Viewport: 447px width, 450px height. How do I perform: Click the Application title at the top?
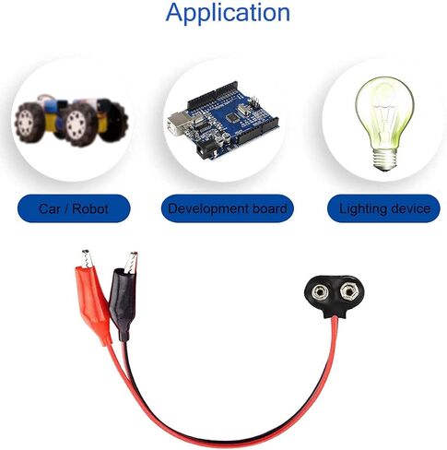click(228, 13)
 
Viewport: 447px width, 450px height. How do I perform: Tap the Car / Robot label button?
click(74, 208)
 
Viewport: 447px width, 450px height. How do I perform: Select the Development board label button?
click(228, 208)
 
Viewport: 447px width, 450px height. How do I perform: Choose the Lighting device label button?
click(383, 208)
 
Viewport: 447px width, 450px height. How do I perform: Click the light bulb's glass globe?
click(384, 112)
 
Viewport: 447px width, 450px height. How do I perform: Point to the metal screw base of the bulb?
click(384, 160)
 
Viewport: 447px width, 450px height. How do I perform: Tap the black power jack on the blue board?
click(205, 151)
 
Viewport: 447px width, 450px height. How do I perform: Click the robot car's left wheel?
click(28, 123)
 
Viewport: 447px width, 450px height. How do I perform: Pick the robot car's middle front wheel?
click(76, 124)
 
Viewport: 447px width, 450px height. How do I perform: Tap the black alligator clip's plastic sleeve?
click(123, 302)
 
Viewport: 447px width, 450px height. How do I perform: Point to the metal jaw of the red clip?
click(87, 258)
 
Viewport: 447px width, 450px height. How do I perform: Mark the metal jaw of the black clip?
click(131, 262)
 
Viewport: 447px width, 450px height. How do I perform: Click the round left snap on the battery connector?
click(319, 292)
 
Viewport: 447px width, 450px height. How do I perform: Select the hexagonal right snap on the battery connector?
click(348, 290)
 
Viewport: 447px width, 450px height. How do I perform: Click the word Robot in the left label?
click(90, 209)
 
